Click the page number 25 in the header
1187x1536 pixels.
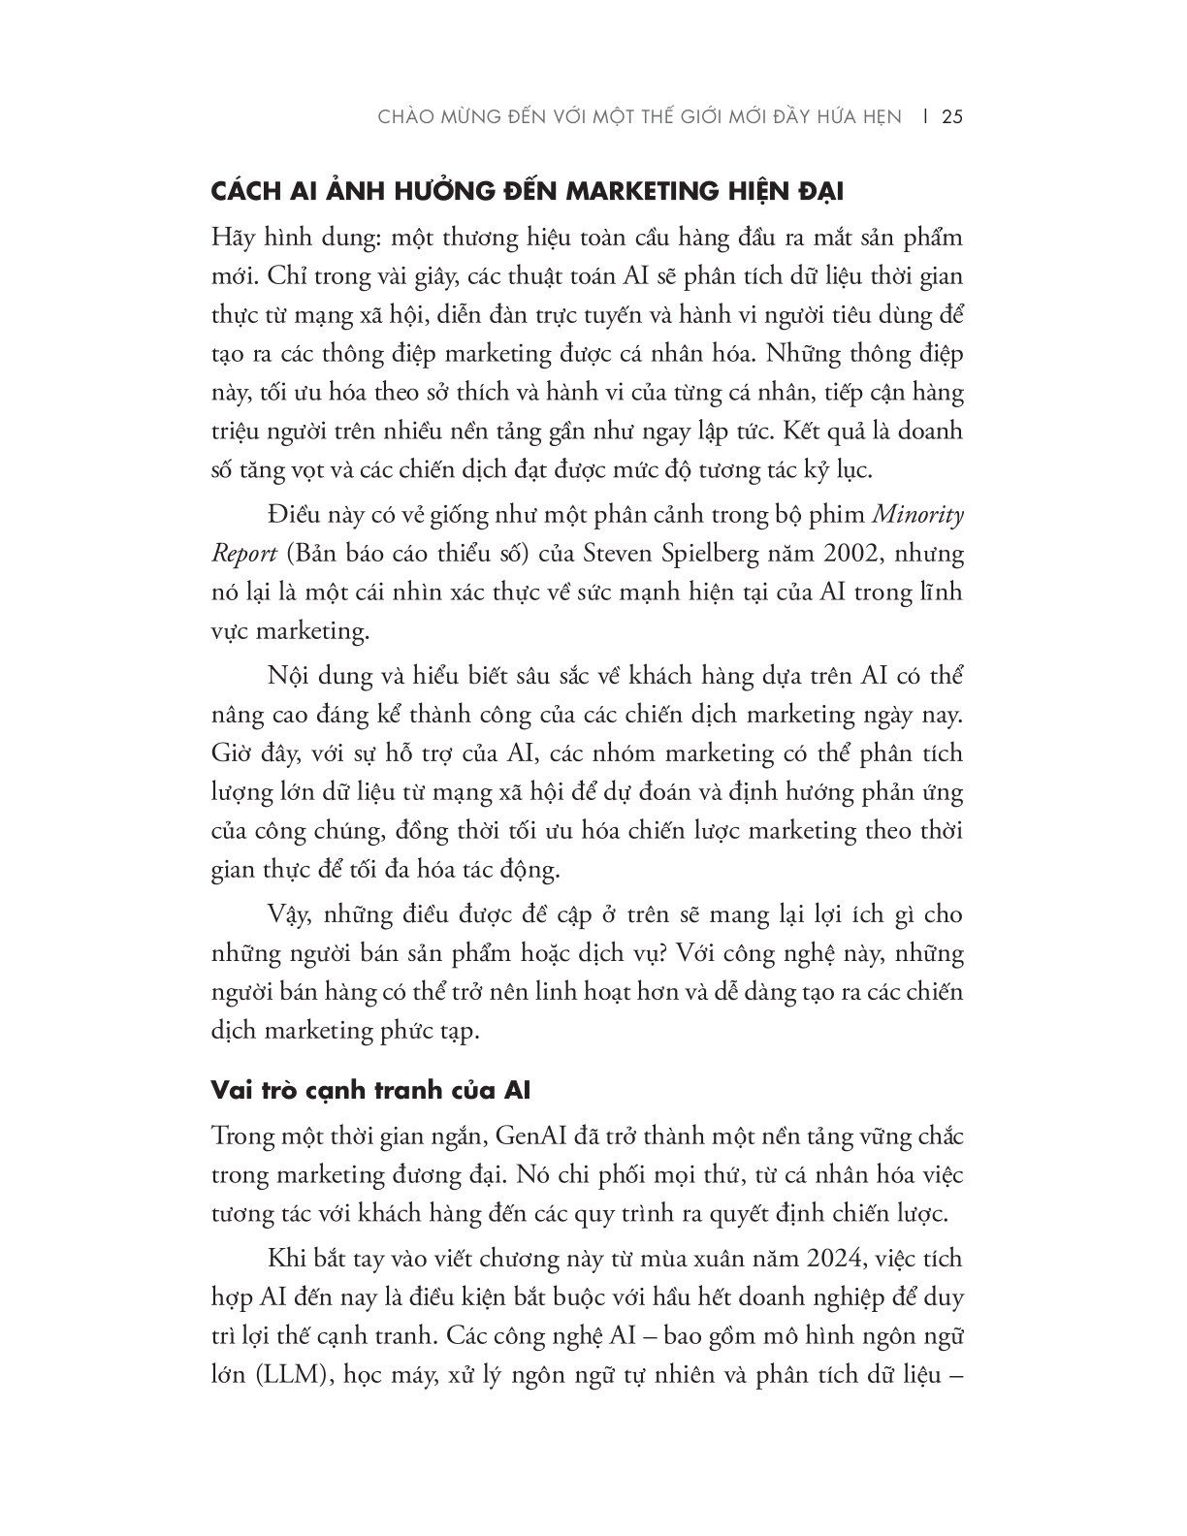tap(951, 117)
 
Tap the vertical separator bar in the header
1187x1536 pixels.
tap(925, 117)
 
